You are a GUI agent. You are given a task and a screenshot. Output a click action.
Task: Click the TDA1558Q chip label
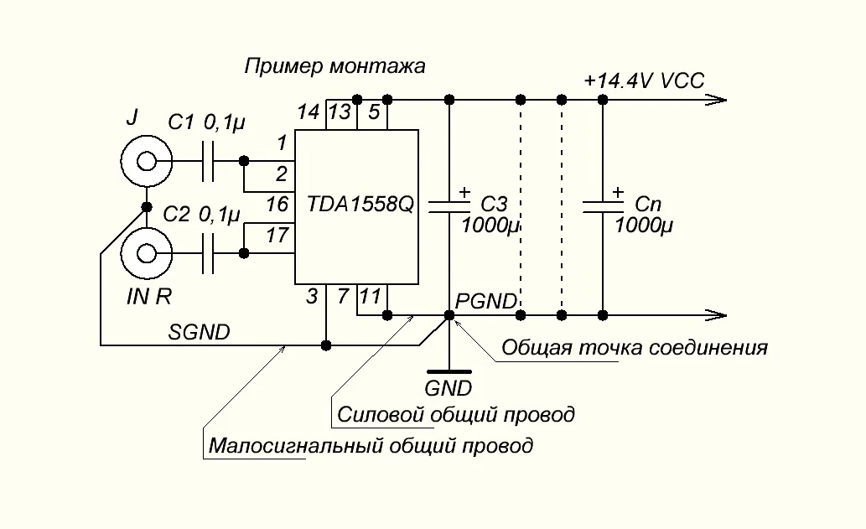pyautogui.click(x=360, y=203)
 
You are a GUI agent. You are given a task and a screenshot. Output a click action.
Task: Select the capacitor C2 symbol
pyautogui.click(x=210, y=253)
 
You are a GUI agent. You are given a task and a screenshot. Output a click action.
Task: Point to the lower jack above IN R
pyautogui.click(x=146, y=253)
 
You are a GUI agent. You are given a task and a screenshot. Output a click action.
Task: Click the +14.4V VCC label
pyautogui.click(x=644, y=80)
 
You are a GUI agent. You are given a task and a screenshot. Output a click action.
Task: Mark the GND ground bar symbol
pyautogui.click(x=449, y=371)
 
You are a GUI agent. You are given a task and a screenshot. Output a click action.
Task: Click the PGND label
pyautogui.click(x=485, y=301)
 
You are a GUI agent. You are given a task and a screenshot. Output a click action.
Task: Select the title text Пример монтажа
pyautogui.click(x=334, y=65)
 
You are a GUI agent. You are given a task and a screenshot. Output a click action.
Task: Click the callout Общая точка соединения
pyautogui.click(x=634, y=347)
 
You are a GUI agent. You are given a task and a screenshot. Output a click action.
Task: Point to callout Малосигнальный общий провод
pyautogui.click(x=370, y=445)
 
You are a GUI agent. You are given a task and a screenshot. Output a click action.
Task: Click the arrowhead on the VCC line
pyautogui.click(x=717, y=100)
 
